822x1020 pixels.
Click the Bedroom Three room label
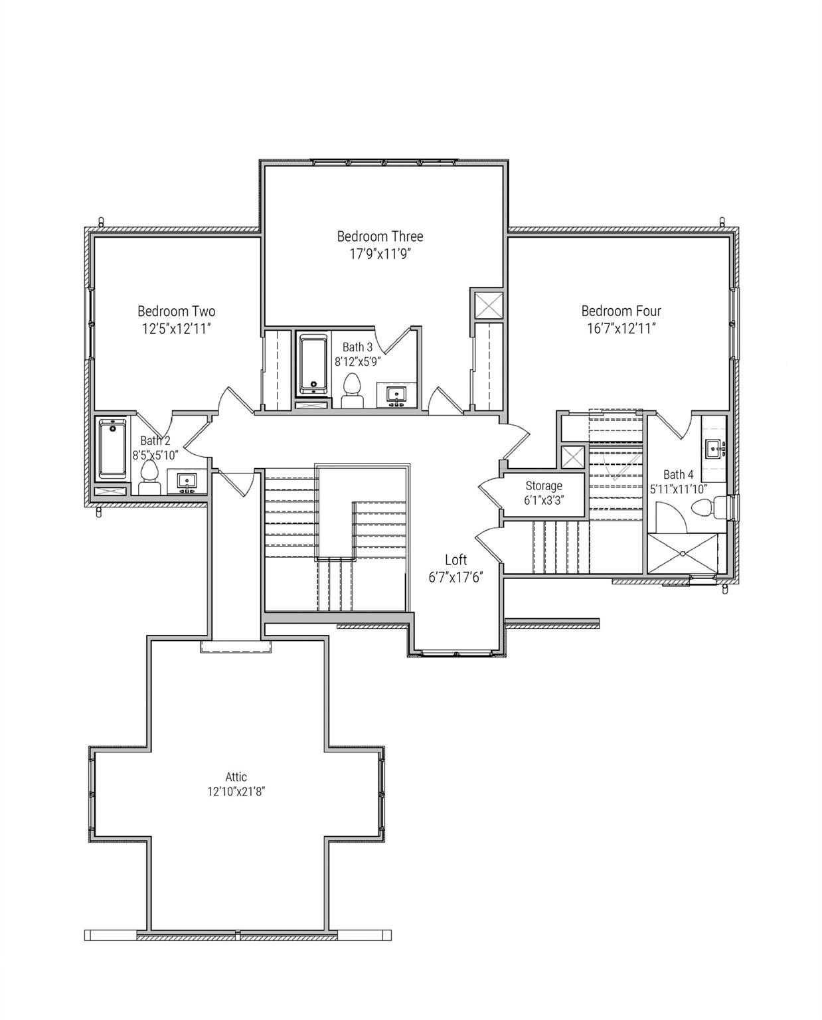[379, 236]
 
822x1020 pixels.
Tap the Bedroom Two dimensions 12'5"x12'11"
[176, 328]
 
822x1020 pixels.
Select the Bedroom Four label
[621, 311]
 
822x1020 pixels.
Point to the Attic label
[236, 777]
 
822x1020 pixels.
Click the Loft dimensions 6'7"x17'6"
[455, 577]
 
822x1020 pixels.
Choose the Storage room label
[544, 486]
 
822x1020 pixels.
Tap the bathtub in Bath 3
[311, 365]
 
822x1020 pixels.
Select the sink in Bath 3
[396, 394]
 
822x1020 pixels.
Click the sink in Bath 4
[714, 449]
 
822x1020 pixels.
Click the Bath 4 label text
[678, 474]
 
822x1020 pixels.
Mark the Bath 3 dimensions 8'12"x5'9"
[357, 362]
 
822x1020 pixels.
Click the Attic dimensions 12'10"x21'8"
[236, 792]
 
